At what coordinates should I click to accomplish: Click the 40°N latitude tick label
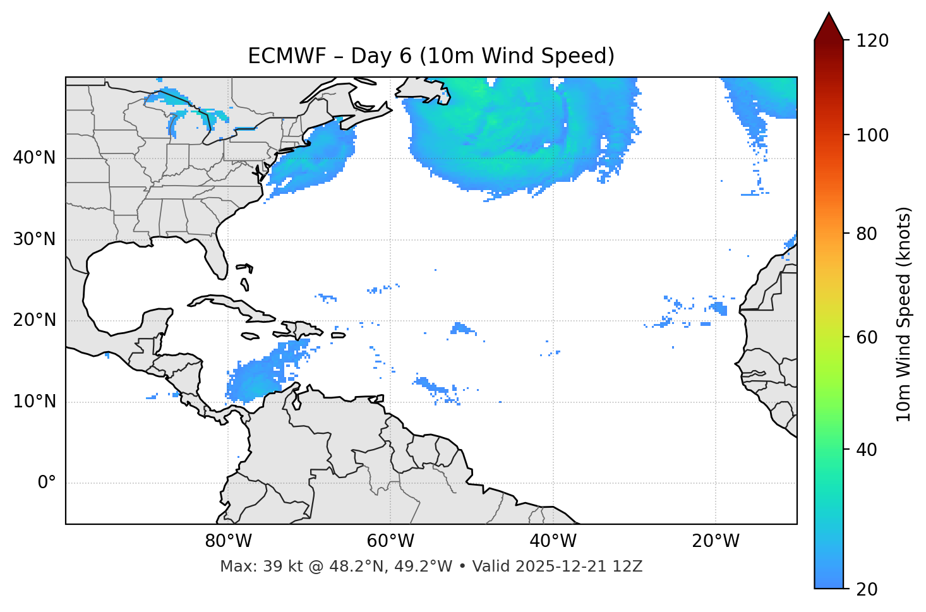pos(34,158)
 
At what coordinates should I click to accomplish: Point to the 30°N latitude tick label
pos(34,239)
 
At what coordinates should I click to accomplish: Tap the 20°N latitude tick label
pos(34,320)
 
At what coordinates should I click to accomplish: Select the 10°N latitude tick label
pos(34,402)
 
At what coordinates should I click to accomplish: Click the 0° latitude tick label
pos(46,483)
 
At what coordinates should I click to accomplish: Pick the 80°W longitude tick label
pos(228,541)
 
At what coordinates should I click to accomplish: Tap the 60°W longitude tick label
pos(390,541)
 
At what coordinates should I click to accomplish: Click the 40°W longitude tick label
pos(553,541)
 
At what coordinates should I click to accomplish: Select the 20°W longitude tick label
pos(716,541)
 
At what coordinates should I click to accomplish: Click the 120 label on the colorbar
pos(872,41)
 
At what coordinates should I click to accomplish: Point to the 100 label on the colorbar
pos(872,135)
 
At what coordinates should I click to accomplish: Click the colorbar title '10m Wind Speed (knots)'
pos(904,314)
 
